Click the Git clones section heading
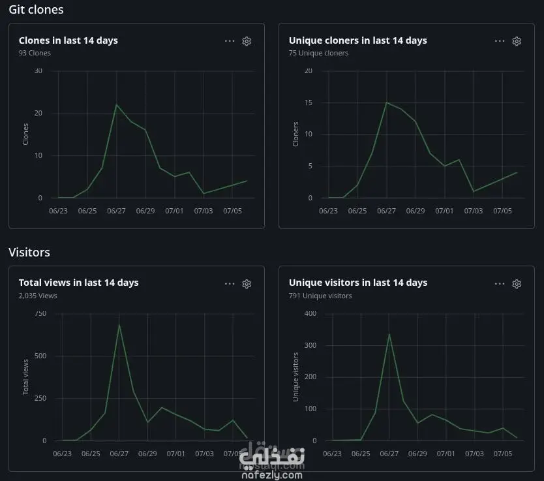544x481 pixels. point(36,10)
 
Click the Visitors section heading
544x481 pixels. point(29,253)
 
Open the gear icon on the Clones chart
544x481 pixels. point(247,41)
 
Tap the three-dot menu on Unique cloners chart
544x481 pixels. point(500,41)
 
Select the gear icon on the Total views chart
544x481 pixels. point(247,284)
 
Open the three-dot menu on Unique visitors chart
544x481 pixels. point(500,284)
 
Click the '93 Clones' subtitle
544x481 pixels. point(35,53)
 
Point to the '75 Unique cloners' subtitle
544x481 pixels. point(318,53)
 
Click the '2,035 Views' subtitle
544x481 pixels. point(38,296)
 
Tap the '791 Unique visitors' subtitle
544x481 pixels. point(320,296)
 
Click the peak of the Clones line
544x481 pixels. point(117,104)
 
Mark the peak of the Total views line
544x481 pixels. point(119,324)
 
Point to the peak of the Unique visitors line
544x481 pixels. point(389,334)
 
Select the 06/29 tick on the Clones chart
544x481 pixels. point(145,211)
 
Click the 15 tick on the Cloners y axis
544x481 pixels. point(309,102)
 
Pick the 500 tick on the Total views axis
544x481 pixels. point(40,356)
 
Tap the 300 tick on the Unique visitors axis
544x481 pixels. point(310,345)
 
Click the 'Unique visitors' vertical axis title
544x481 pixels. point(295,377)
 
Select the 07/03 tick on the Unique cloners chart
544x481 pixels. point(474,211)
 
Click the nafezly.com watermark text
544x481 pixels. point(272,474)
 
